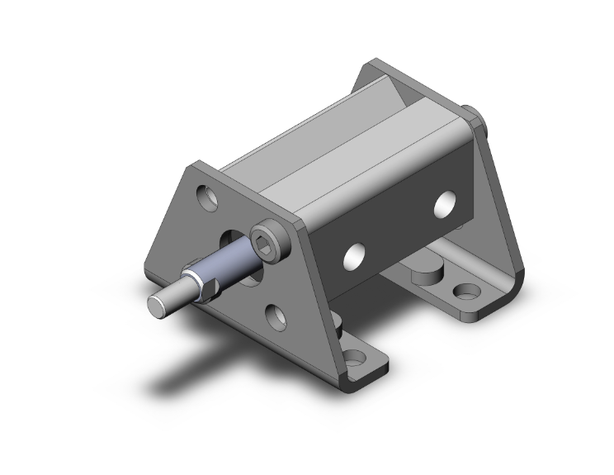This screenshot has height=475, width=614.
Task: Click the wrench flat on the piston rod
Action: coord(206,286)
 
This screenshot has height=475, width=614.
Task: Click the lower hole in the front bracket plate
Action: coord(276,314)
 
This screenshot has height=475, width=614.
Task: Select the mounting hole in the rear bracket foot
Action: coord(467,292)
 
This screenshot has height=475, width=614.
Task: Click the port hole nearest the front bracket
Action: coord(356,254)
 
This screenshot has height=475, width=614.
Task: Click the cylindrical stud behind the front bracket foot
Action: coord(338,324)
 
